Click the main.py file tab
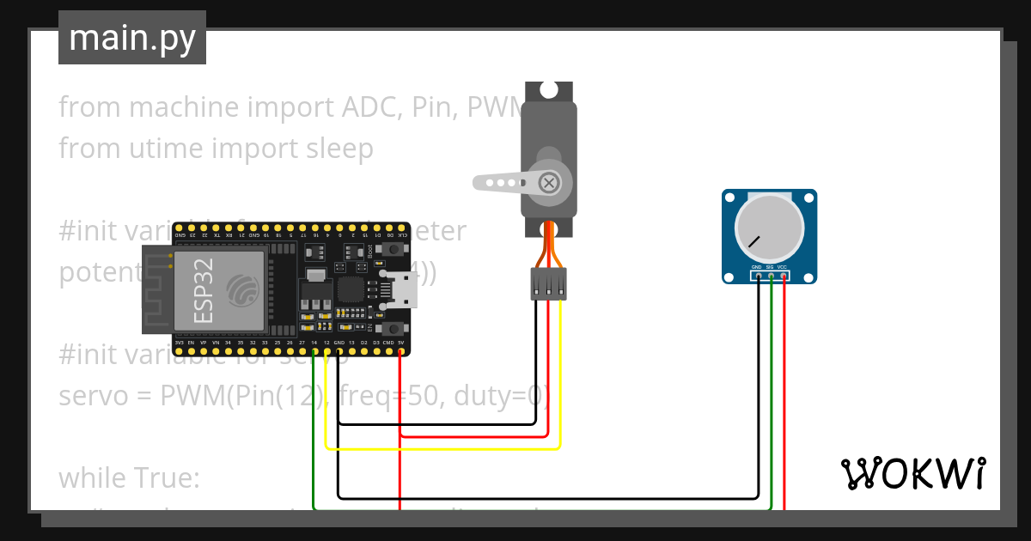131,38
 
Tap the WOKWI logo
912,473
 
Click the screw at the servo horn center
547,182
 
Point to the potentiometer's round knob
769,228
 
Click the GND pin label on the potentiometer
757,267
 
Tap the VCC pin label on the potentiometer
783,267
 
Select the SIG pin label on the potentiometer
770,267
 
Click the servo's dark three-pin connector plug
548,283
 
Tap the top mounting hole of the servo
547,88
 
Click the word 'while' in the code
94,477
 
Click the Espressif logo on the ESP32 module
242,290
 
